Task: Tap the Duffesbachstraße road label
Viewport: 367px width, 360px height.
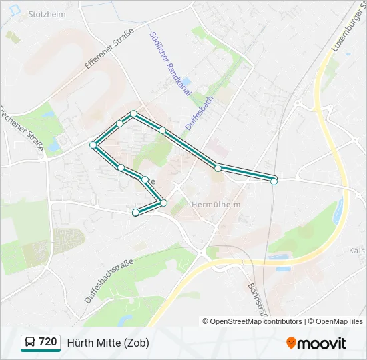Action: pyautogui.click(x=110, y=281)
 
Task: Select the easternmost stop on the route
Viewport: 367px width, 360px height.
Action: pyautogui.click(x=274, y=181)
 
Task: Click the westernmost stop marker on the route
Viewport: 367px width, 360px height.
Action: pyautogui.click(x=93, y=145)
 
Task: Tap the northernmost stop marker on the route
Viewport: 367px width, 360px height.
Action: pyautogui.click(x=133, y=114)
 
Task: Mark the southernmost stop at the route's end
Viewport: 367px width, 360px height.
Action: pyautogui.click(x=136, y=213)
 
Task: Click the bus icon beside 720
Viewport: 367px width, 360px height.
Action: pyautogui.click(x=30, y=343)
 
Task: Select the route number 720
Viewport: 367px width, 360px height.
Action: pyautogui.click(x=48, y=342)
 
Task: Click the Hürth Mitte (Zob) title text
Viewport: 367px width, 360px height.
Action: pyautogui.click(x=108, y=343)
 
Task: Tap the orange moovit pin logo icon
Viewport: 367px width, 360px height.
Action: pyautogui.click(x=292, y=343)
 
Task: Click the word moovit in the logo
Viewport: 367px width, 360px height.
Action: pyautogui.click(x=322, y=343)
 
